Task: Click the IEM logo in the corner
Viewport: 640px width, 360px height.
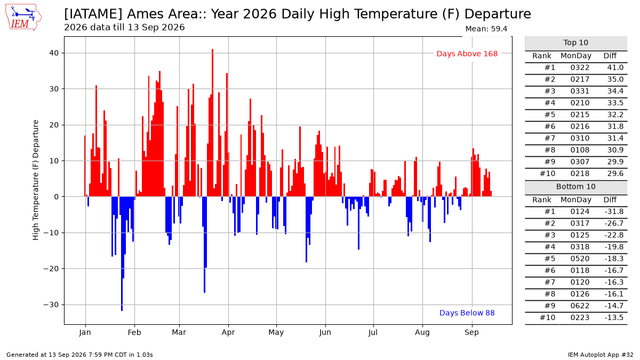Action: tap(23, 18)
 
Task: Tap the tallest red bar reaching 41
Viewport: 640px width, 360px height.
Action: tap(213, 123)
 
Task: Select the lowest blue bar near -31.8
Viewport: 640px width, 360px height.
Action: tap(122, 254)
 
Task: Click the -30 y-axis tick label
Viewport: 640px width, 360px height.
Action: tap(51, 305)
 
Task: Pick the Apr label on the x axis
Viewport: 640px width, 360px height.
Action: tap(228, 333)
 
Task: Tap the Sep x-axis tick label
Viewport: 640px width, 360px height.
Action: tap(471, 333)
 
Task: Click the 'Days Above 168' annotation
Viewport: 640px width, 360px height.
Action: tap(467, 54)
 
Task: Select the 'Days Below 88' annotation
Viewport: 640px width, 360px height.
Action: tap(467, 313)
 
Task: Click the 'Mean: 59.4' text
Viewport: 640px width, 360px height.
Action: tap(486, 29)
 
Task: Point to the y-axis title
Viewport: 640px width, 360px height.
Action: tap(35, 180)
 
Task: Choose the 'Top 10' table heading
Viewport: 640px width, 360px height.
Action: tap(575, 43)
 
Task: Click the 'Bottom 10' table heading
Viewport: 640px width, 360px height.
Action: tap(575, 187)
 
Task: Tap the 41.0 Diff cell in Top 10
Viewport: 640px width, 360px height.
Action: tap(615, 67)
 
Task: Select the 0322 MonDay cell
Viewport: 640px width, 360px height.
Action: tap(580, 67)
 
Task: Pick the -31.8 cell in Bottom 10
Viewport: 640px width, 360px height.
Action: tap(614, 211)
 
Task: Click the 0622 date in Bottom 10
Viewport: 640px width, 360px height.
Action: tap(580, 306)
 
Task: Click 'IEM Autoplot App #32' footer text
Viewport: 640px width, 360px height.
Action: tap(601, 355)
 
